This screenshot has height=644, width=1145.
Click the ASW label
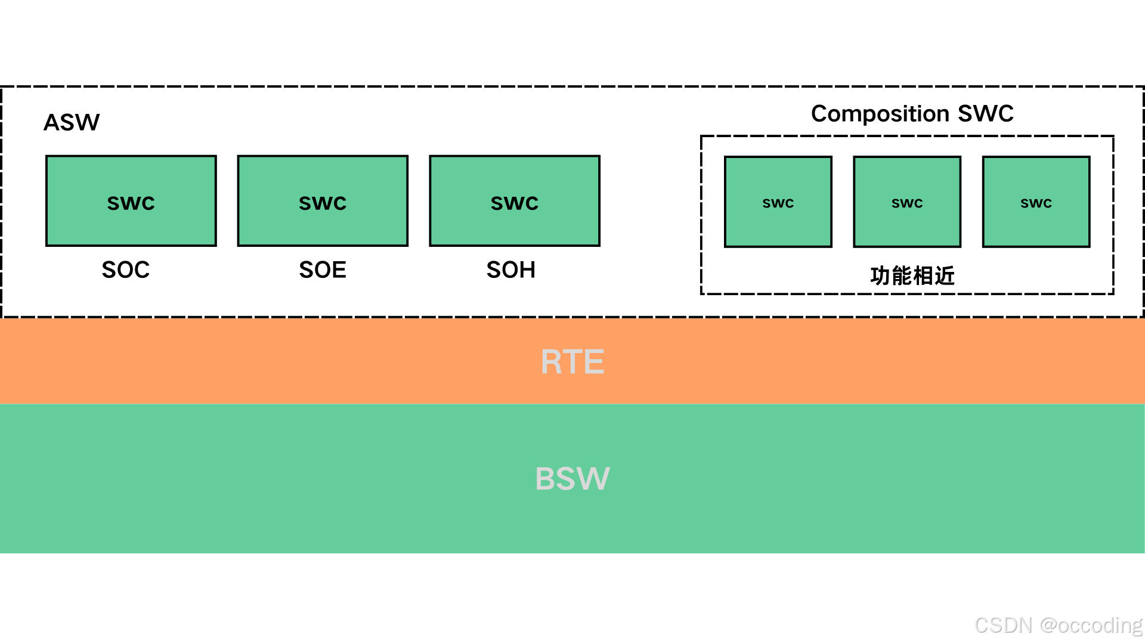click(72, 122)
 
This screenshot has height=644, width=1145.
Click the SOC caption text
click(125, 270)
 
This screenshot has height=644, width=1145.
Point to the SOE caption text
click(323, 270)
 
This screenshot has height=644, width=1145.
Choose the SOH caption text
click(511, 270)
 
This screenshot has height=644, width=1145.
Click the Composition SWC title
click(912, 113)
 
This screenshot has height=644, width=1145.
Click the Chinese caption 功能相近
click(912, 275)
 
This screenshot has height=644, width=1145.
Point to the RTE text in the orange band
click(572, 362)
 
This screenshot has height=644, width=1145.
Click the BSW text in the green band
click(572, 478)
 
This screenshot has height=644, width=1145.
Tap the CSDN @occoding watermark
click(1058, 625)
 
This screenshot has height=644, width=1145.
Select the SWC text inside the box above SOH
click(515, 203)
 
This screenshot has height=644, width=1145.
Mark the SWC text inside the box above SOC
click(131, 203)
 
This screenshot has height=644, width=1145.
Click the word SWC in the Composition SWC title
click(985, 113)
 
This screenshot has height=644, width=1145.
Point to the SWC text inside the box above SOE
click(323, 203)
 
